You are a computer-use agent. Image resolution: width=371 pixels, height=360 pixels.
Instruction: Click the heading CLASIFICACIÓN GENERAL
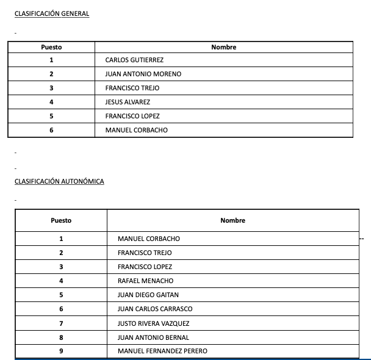click(x=52, y=14)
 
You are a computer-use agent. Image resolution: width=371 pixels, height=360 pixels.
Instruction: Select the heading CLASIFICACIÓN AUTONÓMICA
click(x=59, y=181)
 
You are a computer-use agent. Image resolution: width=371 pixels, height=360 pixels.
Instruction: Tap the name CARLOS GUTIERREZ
click(x=134, y=60)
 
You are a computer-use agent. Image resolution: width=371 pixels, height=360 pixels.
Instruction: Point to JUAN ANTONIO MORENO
click(x=143, y=74)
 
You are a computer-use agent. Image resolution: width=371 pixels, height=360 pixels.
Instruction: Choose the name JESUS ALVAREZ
click(x=128, y=102)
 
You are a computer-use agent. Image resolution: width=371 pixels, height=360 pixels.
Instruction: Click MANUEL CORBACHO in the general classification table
click(x=136, y=130)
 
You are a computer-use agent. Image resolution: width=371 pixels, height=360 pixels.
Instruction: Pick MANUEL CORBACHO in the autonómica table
click(x=148, y=239)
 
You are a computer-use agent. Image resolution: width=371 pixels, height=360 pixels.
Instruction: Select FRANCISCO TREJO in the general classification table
click(x=132, y=88)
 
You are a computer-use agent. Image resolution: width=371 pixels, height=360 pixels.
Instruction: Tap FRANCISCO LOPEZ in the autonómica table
click(x=145, y=267)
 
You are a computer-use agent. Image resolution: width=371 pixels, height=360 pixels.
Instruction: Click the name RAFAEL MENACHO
click(x=145, y=281)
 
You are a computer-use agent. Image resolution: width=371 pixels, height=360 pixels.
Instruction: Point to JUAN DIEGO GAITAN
click(x=148, y=295)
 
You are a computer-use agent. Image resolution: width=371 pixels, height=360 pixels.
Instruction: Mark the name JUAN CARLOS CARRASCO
click(x=154, y=309)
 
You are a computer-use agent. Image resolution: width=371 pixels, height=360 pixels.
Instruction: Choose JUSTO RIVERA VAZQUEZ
click(x=153, y=323)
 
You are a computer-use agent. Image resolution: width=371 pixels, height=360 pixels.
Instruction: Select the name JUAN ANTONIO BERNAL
click(x=153, y=337)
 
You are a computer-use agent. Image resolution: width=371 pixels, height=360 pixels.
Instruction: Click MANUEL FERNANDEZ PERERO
click(x=162, y=351)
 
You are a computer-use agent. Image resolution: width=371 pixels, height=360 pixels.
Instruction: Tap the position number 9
click(x=61, y=351)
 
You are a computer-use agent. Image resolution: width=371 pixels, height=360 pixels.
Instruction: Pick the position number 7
click(x=61, y=323)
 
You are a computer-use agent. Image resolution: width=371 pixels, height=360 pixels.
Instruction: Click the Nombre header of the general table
click(x=223, y=47)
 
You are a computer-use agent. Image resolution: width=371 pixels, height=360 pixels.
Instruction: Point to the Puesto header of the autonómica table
click(x=61, y=220)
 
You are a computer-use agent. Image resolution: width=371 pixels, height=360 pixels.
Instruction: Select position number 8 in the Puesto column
click(x=61, y=337)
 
